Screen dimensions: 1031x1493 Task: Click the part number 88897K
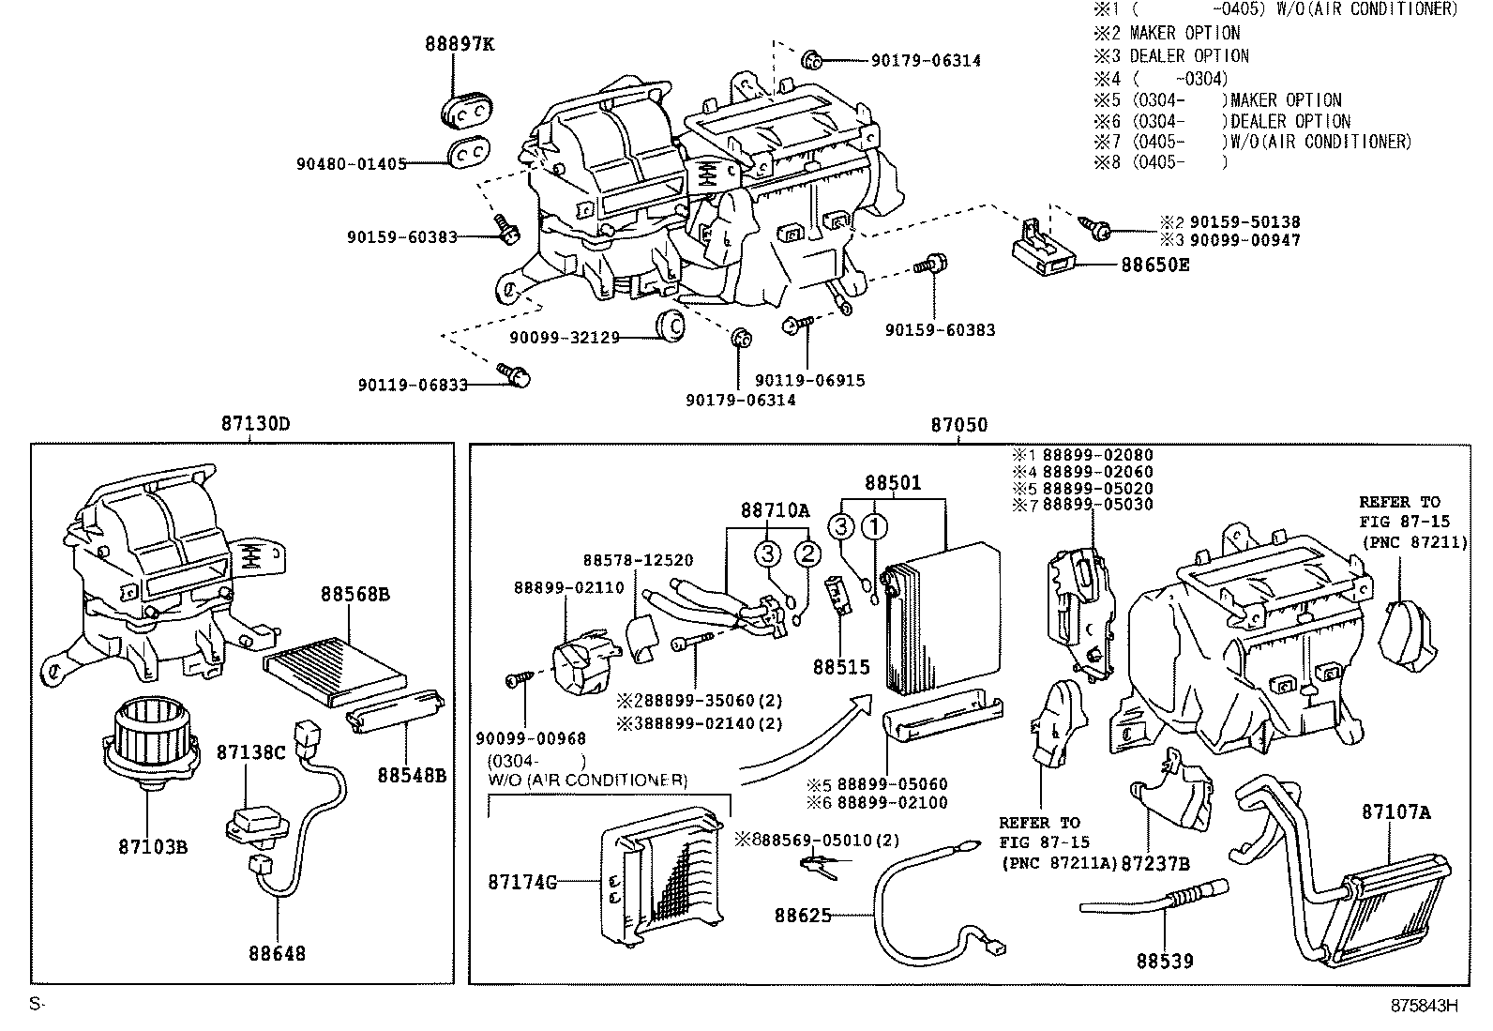point(458,43)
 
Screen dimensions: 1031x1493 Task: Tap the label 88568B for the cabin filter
point(354,594)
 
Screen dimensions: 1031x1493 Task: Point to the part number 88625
point(803,914)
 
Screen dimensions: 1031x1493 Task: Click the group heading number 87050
point(958,425)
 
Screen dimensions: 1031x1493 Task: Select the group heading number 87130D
point(255,424)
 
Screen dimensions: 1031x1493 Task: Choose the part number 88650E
point(1154,265)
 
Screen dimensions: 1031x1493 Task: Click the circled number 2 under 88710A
point(807,553)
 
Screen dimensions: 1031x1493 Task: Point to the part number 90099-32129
point(565,337)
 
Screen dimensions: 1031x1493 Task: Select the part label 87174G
point(521,882)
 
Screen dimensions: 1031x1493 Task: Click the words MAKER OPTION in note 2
point(1184,33)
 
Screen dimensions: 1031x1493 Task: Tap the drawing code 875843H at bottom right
point(1425,1005)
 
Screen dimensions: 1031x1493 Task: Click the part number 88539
point(1165,961)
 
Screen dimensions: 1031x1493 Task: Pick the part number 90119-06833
point(412,385)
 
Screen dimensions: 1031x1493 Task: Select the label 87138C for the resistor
point(249,752)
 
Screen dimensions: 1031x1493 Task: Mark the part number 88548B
point(412,775)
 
